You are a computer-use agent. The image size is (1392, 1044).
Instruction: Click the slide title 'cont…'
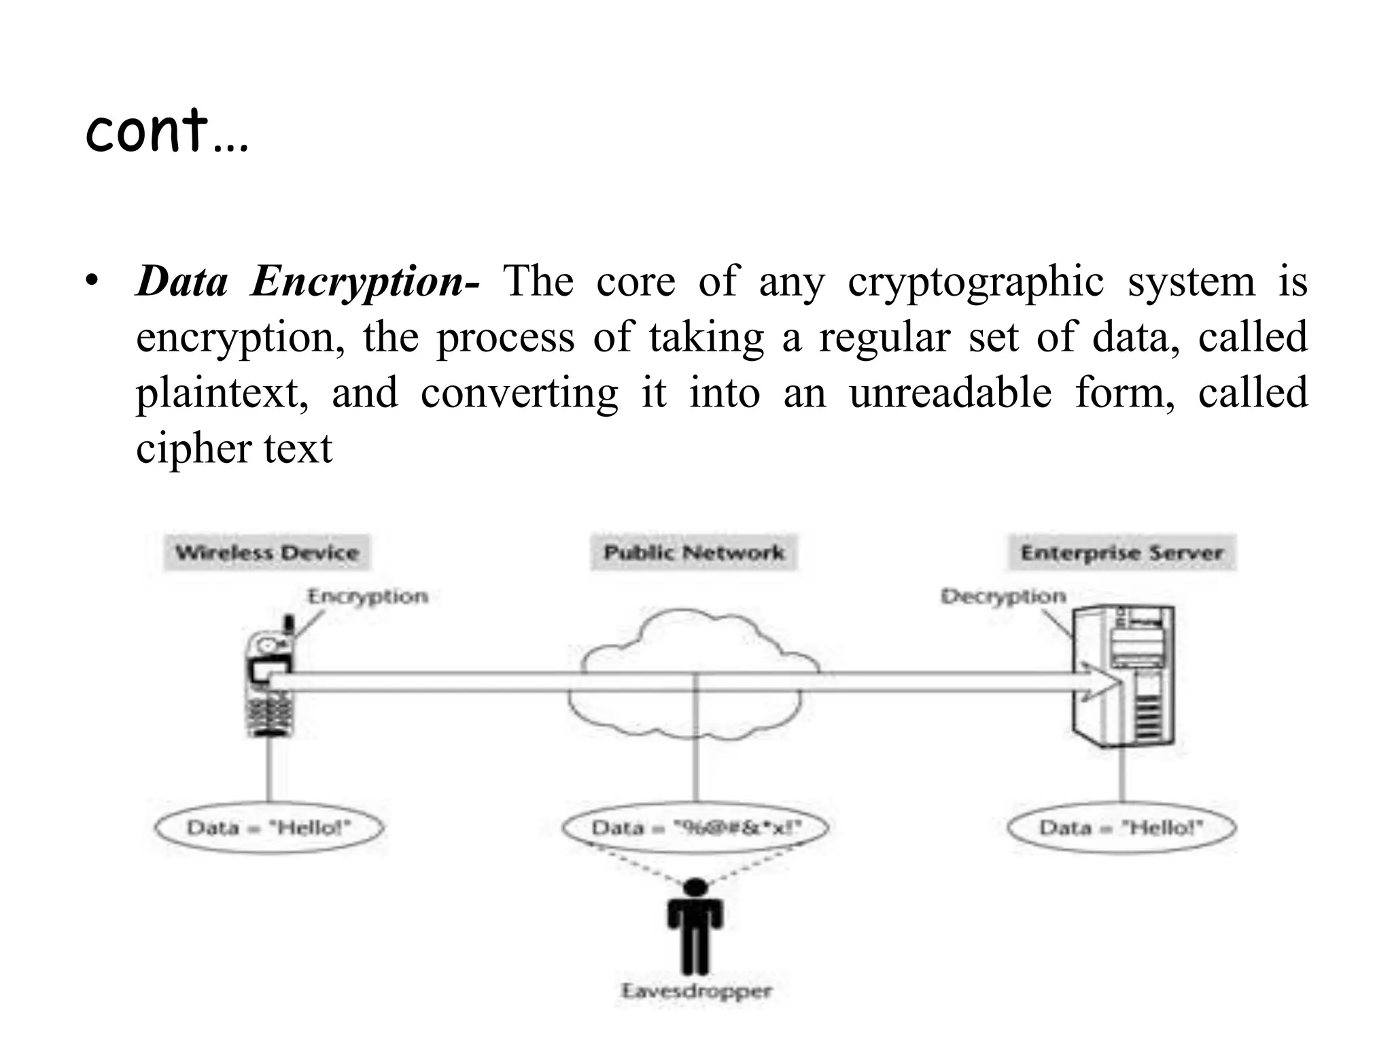coord(167,130)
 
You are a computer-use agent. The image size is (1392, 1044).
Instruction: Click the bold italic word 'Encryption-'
coord(365,281)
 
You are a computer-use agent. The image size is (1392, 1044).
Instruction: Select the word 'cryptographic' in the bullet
coord(975,281)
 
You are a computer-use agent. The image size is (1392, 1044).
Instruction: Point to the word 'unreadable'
coord(950,393)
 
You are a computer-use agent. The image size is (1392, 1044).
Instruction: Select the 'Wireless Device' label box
coord(267,553)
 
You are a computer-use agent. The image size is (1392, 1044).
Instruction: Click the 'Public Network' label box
coord(694,553)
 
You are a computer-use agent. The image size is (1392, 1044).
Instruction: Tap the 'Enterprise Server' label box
coord(1121,553)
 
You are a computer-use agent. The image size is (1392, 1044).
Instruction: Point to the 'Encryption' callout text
coord(368,597)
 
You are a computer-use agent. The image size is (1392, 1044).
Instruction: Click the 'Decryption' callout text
coord(1003,597)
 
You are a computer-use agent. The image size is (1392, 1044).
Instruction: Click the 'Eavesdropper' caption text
coord(696,991)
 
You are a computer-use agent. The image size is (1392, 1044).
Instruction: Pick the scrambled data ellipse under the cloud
coord(696,828)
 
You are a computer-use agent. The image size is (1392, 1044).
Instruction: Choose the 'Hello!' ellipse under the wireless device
coord(270,828)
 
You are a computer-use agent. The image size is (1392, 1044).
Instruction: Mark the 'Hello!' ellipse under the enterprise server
coord(1121,828)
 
